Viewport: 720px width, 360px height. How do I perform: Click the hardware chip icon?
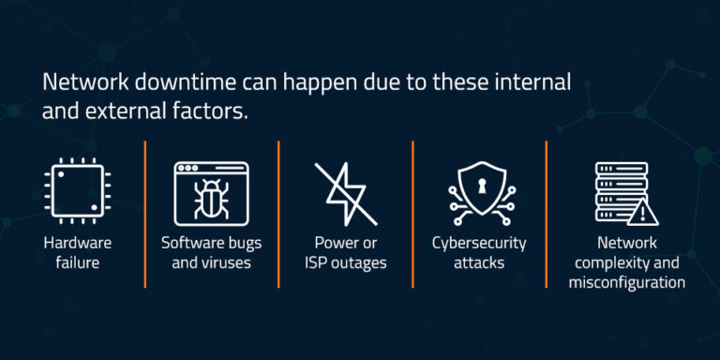77,192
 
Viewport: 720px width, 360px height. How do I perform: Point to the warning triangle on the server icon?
642,213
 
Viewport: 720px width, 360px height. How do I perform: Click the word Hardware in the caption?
77,243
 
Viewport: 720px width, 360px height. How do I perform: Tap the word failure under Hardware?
77,262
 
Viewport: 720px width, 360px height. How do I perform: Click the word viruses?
226,262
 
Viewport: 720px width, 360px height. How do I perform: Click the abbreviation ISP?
318,262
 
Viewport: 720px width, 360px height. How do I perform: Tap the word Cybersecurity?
479,243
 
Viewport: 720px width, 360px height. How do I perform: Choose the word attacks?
479,262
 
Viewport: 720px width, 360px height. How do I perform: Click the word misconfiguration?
627,282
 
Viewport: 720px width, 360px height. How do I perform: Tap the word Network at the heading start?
80,82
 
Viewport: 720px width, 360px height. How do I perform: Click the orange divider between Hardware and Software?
145,214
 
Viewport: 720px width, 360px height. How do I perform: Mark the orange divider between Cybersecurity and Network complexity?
547,214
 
